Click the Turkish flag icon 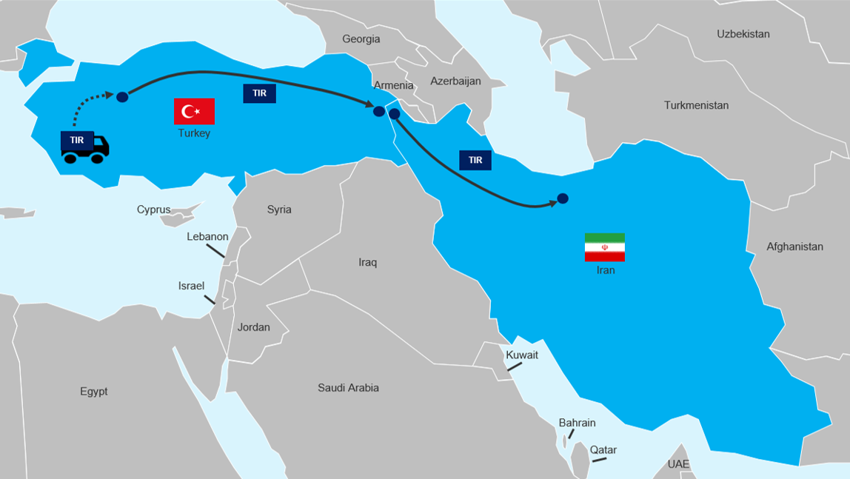click(x=194, y=111)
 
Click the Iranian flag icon click(x=604, y=247)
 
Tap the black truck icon click(x=84, y=147)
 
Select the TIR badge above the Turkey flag click(x=259, y=93)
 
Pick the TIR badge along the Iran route click(x=475, y=160)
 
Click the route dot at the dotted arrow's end click(x=122, y=97)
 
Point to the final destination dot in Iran click(x=562, y=198)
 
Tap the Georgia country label click(x=361, y=39)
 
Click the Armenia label click(x=393, y=85)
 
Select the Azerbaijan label click(x=455, y=81)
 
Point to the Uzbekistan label click(x=743, y=34)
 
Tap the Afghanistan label click(x=794, y=247)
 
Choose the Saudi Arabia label click(x=348, y=388)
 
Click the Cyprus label click(x=153, y=210)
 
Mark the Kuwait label click(x=522, y=355)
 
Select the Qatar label click(x=603, y=450)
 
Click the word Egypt click(x=94, y=392)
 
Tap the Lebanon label click(x=207, y=236)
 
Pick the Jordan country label click(x=253, y=327)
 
